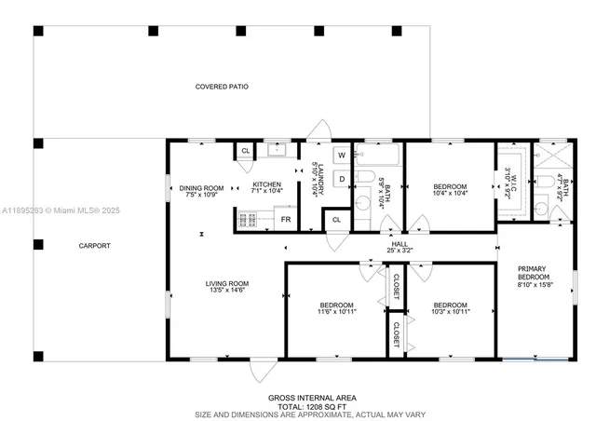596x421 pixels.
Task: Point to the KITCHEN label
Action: [x=266, y=184]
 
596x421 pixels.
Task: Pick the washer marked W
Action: [x=341, y=155]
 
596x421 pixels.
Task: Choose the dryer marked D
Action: [x=341, y=177]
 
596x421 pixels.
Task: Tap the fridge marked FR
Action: [x=286, y=219]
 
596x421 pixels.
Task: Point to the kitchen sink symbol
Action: [x=276, y=149]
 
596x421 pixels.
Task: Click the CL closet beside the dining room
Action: [x=245, y=150]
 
